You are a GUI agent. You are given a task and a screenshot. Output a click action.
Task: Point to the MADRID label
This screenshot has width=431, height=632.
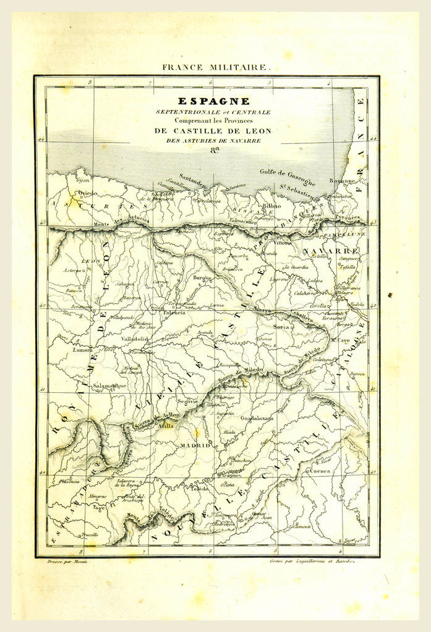click(195, 445)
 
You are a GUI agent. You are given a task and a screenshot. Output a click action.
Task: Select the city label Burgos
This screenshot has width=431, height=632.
click(202, 279)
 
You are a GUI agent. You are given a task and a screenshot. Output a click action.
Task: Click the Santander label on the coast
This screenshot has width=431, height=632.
click(194, 177)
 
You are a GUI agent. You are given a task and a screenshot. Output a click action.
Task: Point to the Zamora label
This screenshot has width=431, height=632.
click(65, 350)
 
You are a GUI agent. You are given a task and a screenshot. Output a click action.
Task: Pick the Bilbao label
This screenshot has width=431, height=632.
click(271, 205)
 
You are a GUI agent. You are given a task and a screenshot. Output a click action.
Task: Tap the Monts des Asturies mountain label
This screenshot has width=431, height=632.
click(121, 224)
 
